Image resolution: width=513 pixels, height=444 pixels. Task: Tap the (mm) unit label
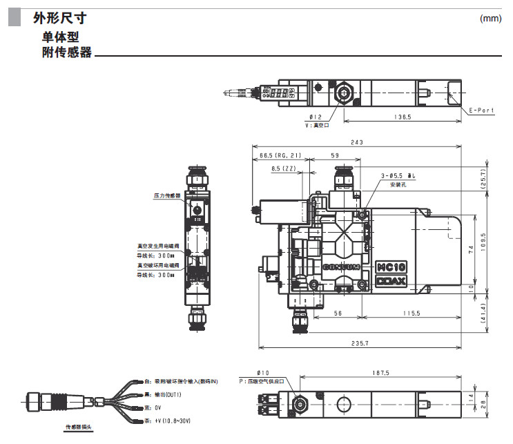(x=490, y=19)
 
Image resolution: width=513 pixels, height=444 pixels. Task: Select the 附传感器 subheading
(x=67, y=52)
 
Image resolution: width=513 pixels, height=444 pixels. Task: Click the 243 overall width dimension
(x=357, y=143)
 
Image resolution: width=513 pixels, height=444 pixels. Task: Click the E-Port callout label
(x=481, y=110)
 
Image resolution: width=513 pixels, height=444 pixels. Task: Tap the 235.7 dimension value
(x=359, y=343)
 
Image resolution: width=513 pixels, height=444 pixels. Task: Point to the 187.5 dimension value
(x=380, y=373)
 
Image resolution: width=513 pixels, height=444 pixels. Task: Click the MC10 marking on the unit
(x=391, y=267)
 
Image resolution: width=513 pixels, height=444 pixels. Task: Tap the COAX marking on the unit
(x=391, y=281)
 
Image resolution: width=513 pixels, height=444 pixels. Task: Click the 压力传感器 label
(x=166, y=195)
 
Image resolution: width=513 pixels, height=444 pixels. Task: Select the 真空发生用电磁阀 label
(x=158, y=244)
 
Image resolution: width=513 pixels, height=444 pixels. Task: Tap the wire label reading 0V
(x=158, y=407)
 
